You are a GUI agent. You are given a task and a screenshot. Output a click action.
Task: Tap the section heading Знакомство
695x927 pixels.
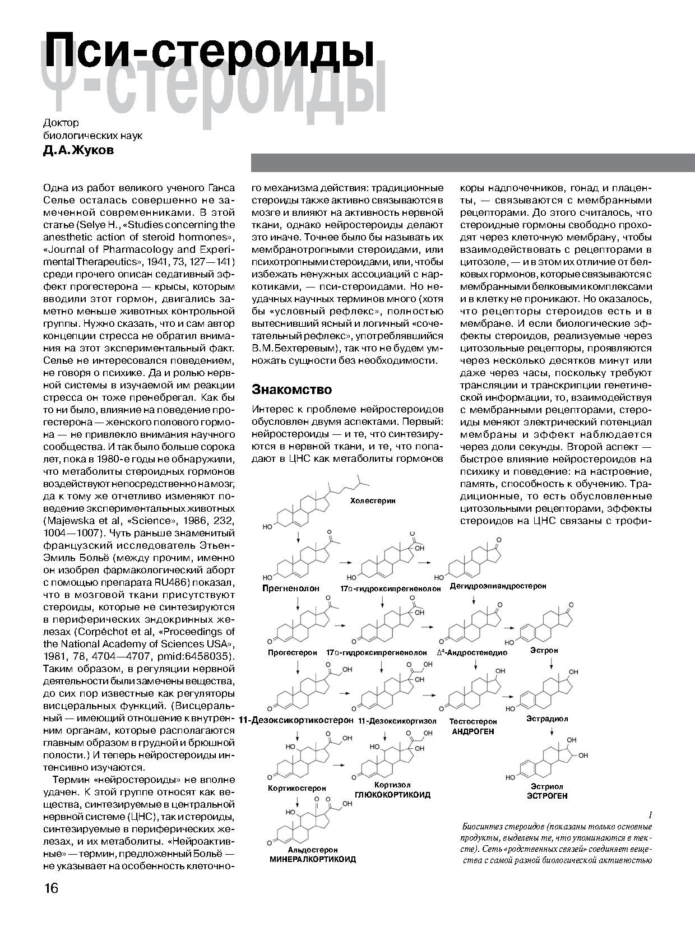point(291,390)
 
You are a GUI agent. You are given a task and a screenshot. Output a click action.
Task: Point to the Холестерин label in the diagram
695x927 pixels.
point(373,500)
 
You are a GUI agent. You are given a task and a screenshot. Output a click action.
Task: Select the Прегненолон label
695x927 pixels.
point(290,588)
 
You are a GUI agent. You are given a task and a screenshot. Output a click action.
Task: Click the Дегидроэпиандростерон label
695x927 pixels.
point(498,586)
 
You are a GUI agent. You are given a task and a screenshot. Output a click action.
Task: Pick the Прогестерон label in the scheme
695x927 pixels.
point(292,652)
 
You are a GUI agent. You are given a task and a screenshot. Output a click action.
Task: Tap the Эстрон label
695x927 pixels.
point(544,651)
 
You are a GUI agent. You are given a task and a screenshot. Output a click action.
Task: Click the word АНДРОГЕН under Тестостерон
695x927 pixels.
point(474,731)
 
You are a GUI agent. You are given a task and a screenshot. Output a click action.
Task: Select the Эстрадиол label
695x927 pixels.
point(547,719)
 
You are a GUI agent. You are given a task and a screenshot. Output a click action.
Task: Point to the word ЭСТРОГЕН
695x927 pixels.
point(547,795)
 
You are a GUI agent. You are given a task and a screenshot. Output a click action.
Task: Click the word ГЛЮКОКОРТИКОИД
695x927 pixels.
point(392,795)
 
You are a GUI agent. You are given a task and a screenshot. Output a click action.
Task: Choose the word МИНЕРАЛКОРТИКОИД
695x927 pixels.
point(313,859)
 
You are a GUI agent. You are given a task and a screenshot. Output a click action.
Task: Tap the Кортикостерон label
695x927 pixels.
point(296,788)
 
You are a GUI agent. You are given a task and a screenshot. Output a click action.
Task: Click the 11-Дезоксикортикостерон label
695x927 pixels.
point(296,720)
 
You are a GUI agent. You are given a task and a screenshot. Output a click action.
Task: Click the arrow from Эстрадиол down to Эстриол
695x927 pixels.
point(552,733)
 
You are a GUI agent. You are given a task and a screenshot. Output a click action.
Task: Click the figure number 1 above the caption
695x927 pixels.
point(649,814)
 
